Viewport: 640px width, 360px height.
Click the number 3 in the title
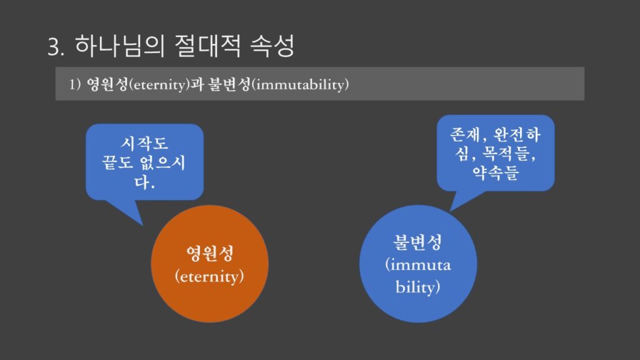tap(56, 47)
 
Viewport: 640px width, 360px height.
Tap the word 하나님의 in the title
tap(119, 45)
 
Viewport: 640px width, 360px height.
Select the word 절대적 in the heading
tap(207, 45)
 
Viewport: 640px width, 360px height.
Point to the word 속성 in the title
tap(272, 45)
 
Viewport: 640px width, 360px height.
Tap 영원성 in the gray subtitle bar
tap(107, 84)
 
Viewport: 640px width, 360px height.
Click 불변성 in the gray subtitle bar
tap(229, 84)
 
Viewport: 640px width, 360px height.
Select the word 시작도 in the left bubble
tap(144, 143)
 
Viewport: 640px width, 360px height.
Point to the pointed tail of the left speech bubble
tap(142, 225)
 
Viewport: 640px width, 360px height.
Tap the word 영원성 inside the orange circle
tap(210, 253)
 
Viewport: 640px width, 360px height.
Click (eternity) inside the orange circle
tap(209, 276)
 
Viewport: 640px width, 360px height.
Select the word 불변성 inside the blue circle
tap(417, 242)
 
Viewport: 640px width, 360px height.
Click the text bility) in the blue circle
tap(417, 286)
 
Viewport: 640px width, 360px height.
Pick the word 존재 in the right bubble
tap(465, 134)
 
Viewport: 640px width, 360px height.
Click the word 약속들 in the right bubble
tap(496, 172)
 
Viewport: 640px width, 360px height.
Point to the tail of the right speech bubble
tap(450, 210)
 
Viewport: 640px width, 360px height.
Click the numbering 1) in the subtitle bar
tap(75, 84)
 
